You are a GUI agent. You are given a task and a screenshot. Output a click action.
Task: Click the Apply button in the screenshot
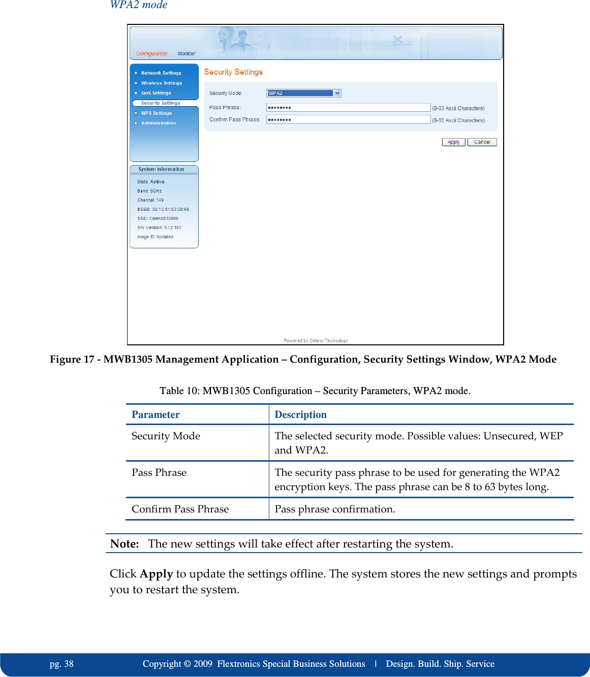[453, 142]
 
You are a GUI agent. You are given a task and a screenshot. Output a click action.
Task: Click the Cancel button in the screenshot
[482, 142]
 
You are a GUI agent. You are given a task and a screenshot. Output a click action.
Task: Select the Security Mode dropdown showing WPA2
[303, 93]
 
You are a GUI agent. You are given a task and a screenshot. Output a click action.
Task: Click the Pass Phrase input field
[348, 108]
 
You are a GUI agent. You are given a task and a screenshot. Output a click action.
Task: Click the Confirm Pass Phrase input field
[348, 120]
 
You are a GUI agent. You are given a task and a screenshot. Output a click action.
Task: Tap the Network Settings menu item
[161, 73]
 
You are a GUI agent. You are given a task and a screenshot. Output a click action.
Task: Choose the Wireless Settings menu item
[162, 83]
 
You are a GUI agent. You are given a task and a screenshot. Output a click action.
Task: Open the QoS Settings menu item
[156, 93]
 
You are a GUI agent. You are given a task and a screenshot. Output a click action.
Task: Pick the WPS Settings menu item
[157, 113]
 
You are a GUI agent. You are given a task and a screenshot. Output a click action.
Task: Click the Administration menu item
[159, 123]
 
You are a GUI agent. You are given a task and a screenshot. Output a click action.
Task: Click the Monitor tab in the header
[187, 54]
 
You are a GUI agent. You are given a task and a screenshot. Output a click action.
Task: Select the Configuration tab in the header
[151, 54]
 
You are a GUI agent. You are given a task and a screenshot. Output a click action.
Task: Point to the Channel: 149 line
[150, 200]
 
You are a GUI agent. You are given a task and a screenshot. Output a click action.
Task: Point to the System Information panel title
[161, 169]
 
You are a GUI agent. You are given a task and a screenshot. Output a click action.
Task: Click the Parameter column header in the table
[156, 414]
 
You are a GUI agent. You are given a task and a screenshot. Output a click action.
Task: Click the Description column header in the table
[300, 414]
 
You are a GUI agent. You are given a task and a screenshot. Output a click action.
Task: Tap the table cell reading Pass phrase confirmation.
[335, 509]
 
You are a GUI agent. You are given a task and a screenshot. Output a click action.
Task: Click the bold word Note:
[125, 544]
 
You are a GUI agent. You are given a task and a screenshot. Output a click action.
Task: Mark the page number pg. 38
[61, 664]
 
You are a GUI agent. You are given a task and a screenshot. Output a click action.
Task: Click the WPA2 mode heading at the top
[139, 5]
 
